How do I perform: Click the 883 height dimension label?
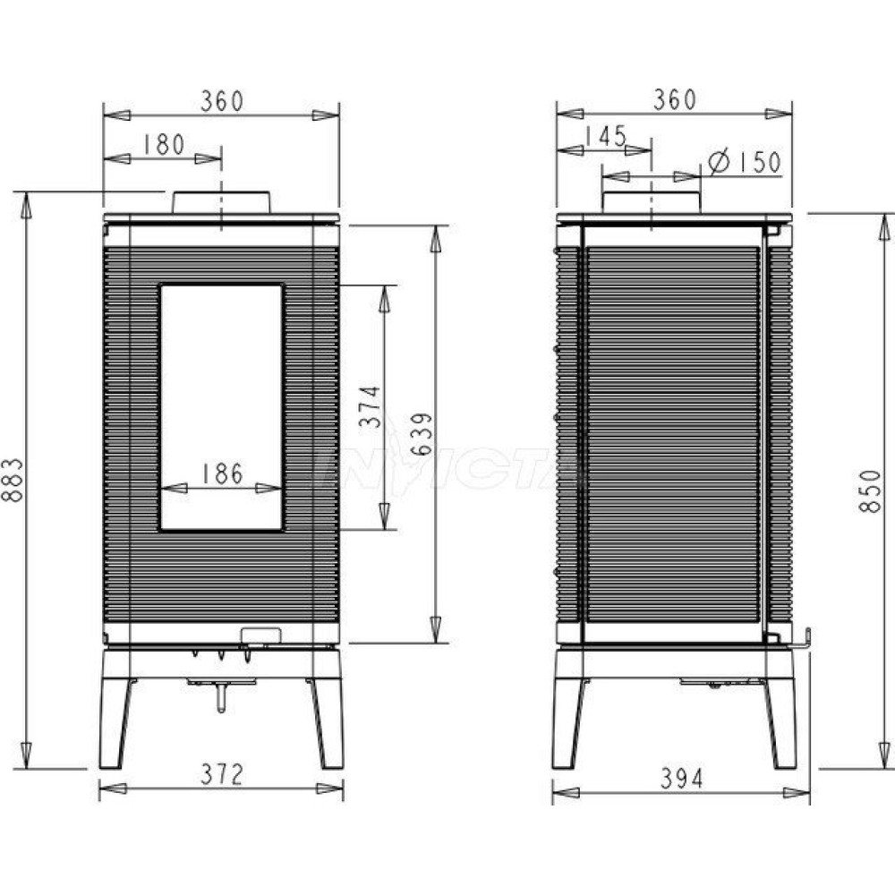pos(13,480)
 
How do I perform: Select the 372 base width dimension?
pos(221,774)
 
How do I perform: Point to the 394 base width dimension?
pos(681,779)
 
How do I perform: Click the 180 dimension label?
pos(163,145)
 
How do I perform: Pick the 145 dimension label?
pos(605,136)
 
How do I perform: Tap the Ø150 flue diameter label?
pos(745,161)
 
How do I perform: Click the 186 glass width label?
pos(222,473)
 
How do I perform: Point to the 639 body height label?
pos(422,434)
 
